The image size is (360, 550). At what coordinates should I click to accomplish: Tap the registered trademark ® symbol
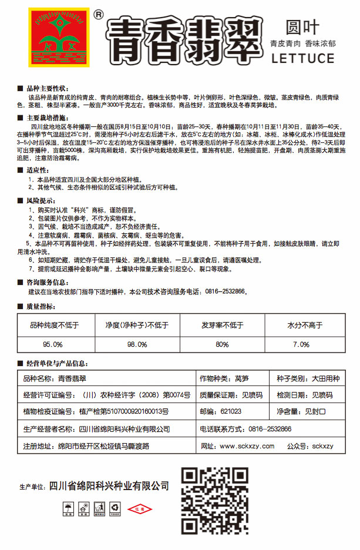[98, 13]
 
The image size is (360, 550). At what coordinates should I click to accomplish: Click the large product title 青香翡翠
[182, 40]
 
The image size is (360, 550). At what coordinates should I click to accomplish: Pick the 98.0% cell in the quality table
[137, 344]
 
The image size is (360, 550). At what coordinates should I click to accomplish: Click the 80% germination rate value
[222, 344]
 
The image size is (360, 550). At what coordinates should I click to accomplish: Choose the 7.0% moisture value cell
[301, 344]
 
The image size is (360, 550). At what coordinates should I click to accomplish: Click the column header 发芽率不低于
[222, 324]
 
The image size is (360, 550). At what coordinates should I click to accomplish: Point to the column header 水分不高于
[301, 324]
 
